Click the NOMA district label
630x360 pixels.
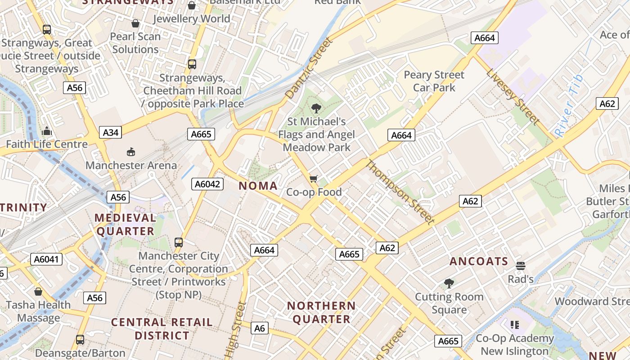(258, 185)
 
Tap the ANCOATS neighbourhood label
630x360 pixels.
(479, 261)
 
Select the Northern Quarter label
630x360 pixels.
(321, 312)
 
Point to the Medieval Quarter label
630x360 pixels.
(126, 225)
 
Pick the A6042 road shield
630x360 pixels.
(207, 184)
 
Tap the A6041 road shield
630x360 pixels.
(47, 259)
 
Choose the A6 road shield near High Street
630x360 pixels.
(260, 328)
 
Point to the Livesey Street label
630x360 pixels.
(513, 96)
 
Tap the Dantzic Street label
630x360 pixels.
(309, 68)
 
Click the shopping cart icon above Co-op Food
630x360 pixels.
(314, 179)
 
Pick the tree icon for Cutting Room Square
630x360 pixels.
(449, 283)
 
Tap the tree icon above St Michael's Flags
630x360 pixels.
(316, 108)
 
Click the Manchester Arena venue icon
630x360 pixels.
(131, 152)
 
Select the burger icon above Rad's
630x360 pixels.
(521, 266)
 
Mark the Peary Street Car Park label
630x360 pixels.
(434, 81)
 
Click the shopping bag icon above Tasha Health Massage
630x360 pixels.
(38, 292)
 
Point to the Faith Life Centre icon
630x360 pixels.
(47, 131)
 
